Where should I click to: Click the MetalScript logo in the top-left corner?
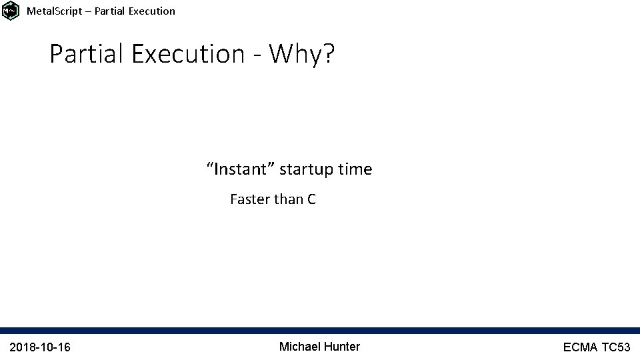tap(11, 11)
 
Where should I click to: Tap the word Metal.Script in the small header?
tap(51, 11)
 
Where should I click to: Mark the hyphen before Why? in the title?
tap(257, 55)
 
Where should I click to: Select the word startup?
tap(307, 170)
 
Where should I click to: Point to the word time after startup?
tap(355, 169)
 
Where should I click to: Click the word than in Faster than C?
tap(289, 199)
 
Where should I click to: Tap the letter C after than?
tap(311, 199)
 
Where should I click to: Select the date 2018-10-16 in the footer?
tap(41, 347)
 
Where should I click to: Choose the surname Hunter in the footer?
tap(342, 346)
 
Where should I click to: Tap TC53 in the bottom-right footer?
tap(617, 347)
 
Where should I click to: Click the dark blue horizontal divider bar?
tap(320, 330)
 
